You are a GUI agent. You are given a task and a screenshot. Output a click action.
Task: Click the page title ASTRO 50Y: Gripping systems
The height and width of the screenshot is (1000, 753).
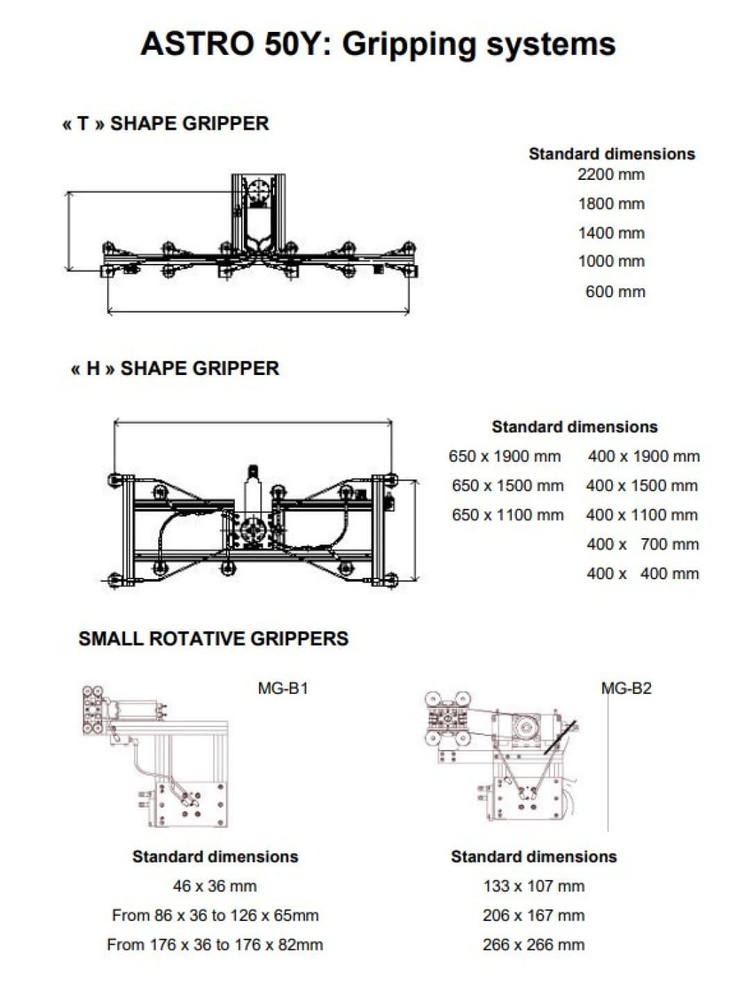point(377,44)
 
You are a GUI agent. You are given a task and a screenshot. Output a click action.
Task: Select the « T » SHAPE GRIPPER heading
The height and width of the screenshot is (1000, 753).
point(165,124)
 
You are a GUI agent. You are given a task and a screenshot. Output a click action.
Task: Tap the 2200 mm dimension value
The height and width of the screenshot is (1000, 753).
point(611,174)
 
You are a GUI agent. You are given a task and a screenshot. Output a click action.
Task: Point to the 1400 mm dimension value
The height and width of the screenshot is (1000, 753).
point(611,233)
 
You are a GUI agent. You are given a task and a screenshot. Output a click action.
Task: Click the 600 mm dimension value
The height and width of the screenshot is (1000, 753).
point(615,292)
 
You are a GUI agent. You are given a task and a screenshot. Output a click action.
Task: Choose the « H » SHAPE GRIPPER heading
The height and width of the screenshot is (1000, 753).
point(175,368)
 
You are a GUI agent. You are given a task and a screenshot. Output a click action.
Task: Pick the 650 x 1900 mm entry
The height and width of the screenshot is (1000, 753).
point(504,456)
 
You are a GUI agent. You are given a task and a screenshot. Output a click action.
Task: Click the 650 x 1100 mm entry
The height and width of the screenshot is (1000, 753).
point(507,515)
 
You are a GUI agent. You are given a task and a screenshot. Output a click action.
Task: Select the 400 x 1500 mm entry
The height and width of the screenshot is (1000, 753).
point(642,485)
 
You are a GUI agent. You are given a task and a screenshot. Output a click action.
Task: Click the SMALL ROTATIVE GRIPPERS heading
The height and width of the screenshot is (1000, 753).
point(213,639)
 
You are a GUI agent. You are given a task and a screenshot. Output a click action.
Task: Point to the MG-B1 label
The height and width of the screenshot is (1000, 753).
point(282,688)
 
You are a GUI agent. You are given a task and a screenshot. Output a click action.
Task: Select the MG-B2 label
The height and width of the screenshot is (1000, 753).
point(627,688)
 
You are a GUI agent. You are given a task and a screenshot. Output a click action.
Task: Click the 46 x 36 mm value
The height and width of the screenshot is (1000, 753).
point(215,886)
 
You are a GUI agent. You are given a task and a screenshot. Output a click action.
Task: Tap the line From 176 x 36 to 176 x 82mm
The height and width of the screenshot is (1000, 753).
point(215,944)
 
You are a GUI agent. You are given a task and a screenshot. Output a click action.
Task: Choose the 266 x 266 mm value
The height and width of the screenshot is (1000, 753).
point(533,944)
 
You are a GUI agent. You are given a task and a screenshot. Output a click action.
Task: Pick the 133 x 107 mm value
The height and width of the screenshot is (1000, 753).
point(533,886)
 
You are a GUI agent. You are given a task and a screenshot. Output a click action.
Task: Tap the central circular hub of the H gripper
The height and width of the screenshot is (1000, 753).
point(250,532)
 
